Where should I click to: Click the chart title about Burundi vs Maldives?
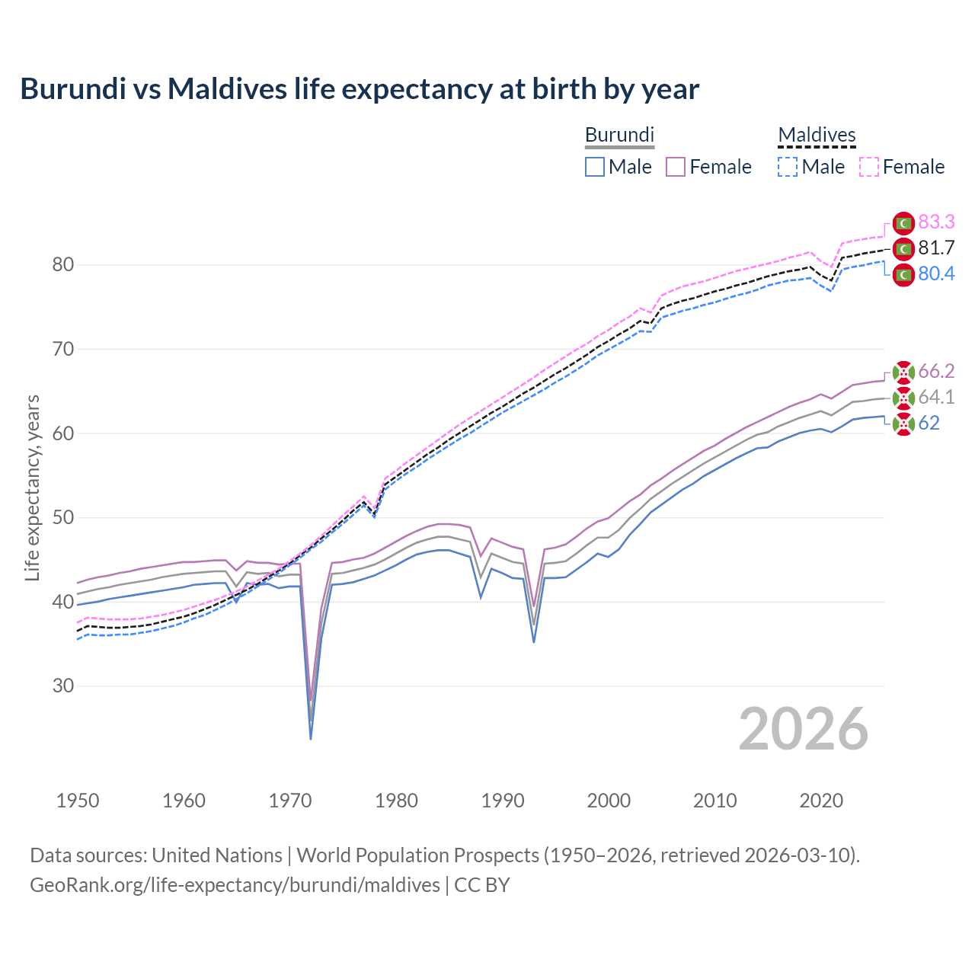click(x=360, y=89)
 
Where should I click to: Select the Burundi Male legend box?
click(x=595, y=167)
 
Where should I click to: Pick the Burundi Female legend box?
click(x=676, y=167)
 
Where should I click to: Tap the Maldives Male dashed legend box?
click(x=788, y=167)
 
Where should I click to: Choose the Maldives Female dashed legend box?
click(x=869, y=167)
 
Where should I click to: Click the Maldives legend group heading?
click(x=817, y=135)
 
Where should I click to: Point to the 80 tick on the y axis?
click(x=63, y=265)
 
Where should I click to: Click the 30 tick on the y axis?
click(x=63, y=686)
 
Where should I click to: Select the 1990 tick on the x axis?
click(x=503, y=801)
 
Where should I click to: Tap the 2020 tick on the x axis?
click(x=821, y=801)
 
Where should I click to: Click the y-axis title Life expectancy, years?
click(x=33, y=487)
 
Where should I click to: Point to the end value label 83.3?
click(x=936, y=222)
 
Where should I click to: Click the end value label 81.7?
click(x=936, y=248)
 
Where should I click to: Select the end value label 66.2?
click(x=936, y=371)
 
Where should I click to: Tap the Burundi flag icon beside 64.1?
click(x=903, y=398)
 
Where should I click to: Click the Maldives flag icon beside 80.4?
click(x=903, y=274)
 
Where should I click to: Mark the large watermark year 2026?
click(x=804, y=729)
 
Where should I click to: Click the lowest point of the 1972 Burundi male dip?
click(x=311, y=738)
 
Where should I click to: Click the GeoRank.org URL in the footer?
click(x=235, y=885)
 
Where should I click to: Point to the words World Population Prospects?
click(x=417, y=855)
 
